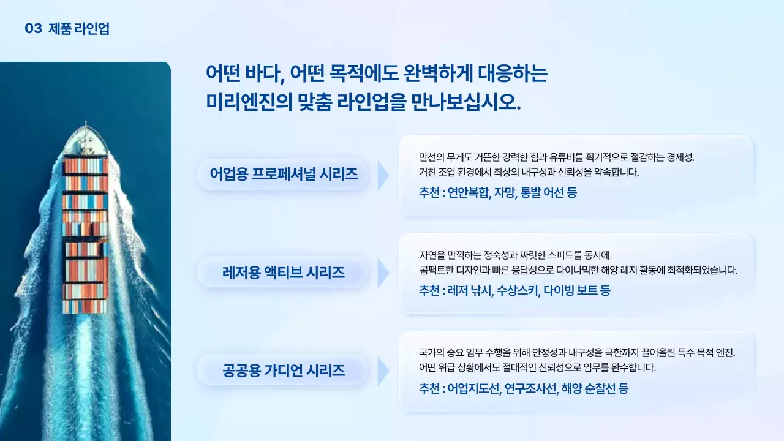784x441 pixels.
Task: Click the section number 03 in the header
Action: [33, 28]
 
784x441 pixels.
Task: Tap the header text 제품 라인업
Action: [79, 28]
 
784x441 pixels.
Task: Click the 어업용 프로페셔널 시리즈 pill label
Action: [284, 174]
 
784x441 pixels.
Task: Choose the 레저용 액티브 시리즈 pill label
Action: [284, 273]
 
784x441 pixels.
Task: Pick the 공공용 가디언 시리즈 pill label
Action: [284, 370]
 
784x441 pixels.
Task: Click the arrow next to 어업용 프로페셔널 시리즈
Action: [383, 176]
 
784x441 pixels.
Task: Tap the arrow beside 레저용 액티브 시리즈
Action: [383, 273]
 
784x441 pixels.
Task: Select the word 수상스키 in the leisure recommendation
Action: [518, 290]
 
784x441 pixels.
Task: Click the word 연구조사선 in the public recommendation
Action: [531, 388]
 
